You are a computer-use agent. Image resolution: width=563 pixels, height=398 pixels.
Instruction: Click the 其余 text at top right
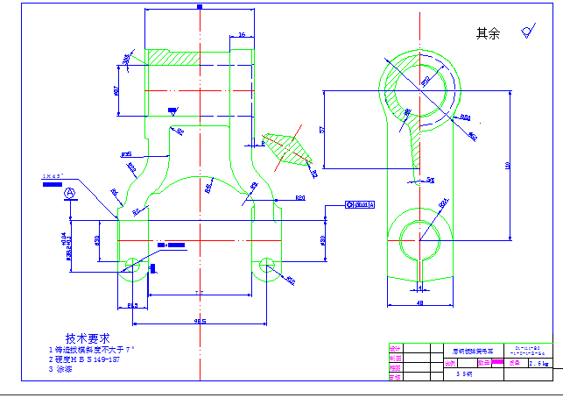pos(487,33)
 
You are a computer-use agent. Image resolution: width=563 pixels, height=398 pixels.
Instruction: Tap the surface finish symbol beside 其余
pos(527,32)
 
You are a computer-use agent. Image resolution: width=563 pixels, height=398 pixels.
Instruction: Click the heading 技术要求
pos(87,338)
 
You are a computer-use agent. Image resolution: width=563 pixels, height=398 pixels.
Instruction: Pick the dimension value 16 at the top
pos(241,34)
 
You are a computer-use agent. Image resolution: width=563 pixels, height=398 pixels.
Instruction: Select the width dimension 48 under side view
pos(420,303)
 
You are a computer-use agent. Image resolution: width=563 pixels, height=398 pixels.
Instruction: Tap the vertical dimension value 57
pos(321,129)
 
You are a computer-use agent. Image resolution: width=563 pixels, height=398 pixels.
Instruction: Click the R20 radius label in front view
pos(299,197)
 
